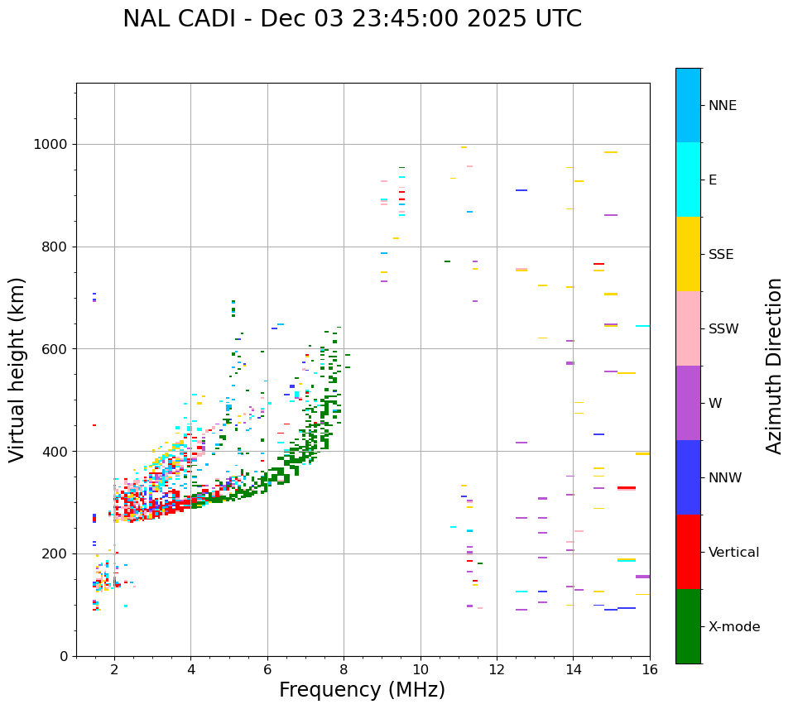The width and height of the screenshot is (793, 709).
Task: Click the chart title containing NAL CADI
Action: (352, 19)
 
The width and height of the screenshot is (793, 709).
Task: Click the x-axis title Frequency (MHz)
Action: (362, 690)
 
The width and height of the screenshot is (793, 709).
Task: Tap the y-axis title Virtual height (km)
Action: (17, 369)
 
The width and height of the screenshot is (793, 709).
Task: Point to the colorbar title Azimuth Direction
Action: (774, 366)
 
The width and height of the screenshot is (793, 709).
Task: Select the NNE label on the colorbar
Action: (722, 106)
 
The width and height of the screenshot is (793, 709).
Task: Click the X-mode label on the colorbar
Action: (733, 627)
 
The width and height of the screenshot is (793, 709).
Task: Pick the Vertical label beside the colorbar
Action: (733, 553)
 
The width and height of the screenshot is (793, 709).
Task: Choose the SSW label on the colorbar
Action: (723, 329)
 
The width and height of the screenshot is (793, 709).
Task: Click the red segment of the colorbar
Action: (688, 552)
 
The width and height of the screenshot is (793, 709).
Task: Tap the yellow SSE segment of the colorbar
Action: (688, 254)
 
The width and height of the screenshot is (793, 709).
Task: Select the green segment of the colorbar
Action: (688, 626)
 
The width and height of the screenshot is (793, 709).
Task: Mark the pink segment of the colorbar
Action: (688, 328)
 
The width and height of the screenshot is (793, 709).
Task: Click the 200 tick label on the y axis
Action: (60, 554)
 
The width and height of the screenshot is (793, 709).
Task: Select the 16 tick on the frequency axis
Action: (650, 669)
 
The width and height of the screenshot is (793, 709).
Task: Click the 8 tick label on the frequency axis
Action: (344, 669)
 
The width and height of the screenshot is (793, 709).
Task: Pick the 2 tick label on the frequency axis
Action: (114, 669)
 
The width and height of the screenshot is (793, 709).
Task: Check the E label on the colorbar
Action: (713, 180)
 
